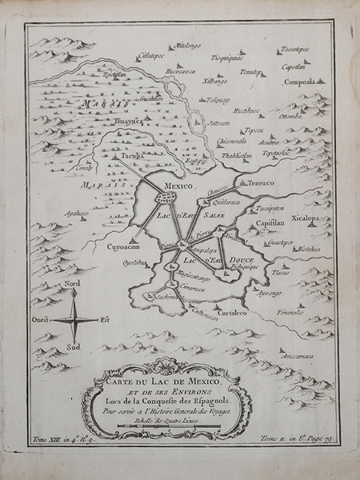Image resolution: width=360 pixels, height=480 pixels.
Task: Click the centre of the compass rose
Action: tap(74, 318)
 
